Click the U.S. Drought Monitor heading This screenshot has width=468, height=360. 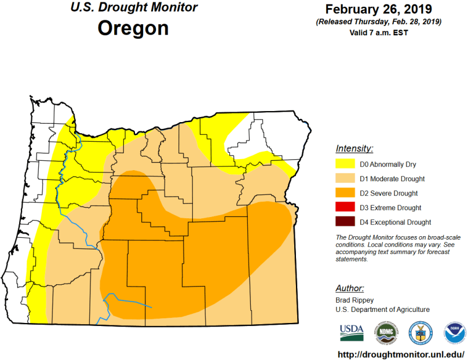click(133, 8)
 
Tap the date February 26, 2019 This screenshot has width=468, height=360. click(378, 9)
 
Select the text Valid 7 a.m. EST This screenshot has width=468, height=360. click(378, 32)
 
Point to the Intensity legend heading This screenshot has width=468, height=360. click(354, 149)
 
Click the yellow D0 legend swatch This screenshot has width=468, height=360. click(346, 164)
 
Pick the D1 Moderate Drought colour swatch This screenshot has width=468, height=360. click(346, 179)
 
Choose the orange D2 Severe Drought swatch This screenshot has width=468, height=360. click(346, 193)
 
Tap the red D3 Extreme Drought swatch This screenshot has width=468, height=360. click(346, 208)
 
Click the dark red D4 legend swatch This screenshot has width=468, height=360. click(346, 222)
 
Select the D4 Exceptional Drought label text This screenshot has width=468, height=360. click(395, 222)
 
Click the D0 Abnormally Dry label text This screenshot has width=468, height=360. click(387, 164)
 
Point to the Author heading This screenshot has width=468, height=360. click(350, 288)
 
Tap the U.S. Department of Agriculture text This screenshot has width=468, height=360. click(382, 310)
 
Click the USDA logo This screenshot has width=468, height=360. click(351, 332)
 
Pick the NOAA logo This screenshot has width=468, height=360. click(454, 332)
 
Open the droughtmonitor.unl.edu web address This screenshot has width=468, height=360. click(400, 352)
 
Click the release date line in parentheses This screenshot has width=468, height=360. click(378, 22)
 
